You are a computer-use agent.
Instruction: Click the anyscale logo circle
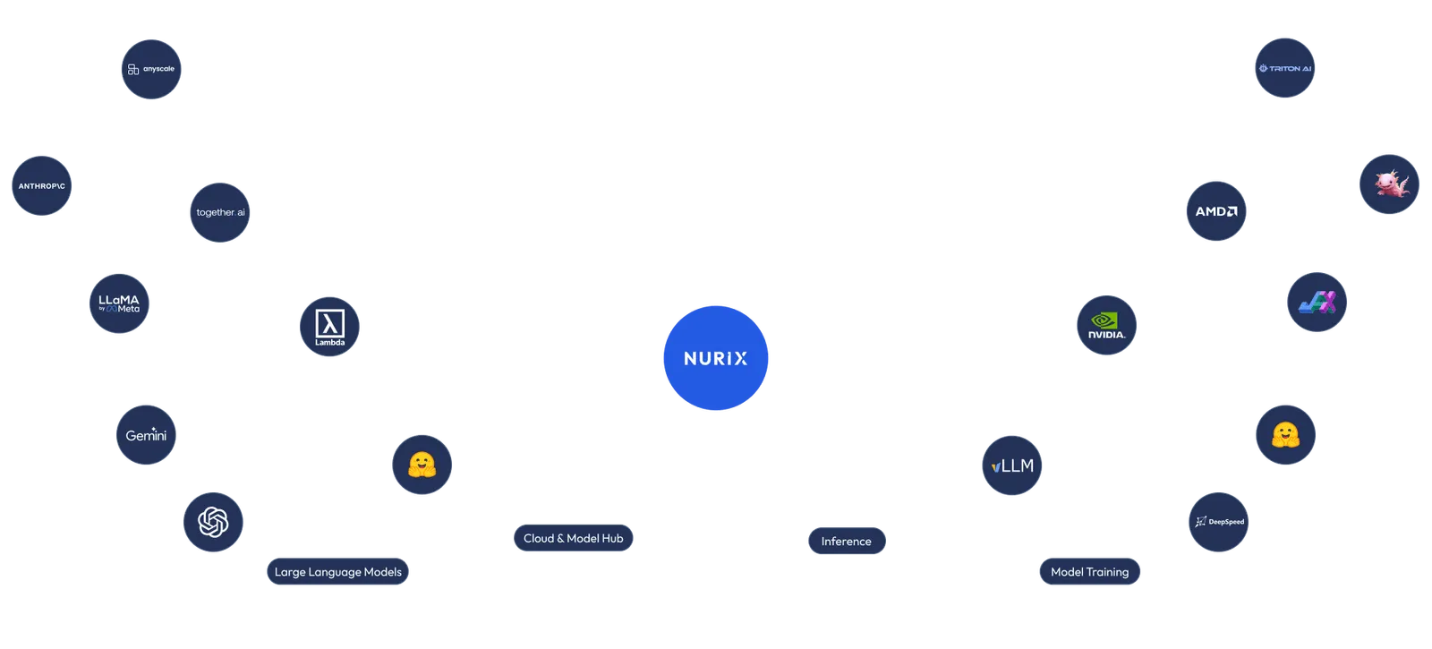point(151,69)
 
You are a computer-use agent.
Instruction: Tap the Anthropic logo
point(42,186)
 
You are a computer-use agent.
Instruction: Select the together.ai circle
point(220,212)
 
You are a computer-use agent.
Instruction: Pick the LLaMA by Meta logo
point(119,303)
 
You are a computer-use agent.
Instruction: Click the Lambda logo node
point(329,327)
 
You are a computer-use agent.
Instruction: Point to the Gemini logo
point(146,435)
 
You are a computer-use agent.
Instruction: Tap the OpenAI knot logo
point(213,522)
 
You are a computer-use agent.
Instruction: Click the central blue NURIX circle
point(716,358)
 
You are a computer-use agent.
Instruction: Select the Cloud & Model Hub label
point(573,538)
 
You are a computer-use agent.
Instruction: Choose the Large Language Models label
point(337,572)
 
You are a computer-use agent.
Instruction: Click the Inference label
point(847,542)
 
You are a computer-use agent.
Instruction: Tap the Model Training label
point(1089,572)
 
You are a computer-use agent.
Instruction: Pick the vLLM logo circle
point(1012,465)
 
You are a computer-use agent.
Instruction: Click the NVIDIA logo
point(1107,325)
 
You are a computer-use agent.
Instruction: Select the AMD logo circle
point(1216,211)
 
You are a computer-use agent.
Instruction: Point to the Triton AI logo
point(1285,68)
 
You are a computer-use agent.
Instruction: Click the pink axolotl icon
point(1389,184)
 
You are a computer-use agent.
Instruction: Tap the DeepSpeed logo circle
point(1219,522)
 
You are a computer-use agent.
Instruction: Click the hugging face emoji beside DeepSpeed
point(1286,435)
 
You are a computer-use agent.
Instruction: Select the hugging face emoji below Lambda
point(422,465)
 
